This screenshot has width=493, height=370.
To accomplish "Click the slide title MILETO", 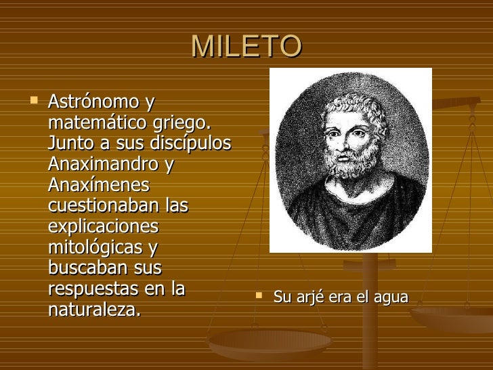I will click(x=246, y=46).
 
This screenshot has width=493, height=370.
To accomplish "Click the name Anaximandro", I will click(x=103, y=164).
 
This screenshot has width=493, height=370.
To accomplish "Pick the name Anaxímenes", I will click(x=99, y=184).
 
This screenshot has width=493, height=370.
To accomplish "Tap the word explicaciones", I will click(x=103, y=226).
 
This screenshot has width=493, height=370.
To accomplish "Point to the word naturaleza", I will click(x=94, y=310).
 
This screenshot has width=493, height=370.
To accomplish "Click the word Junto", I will click(x=70, y=144).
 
